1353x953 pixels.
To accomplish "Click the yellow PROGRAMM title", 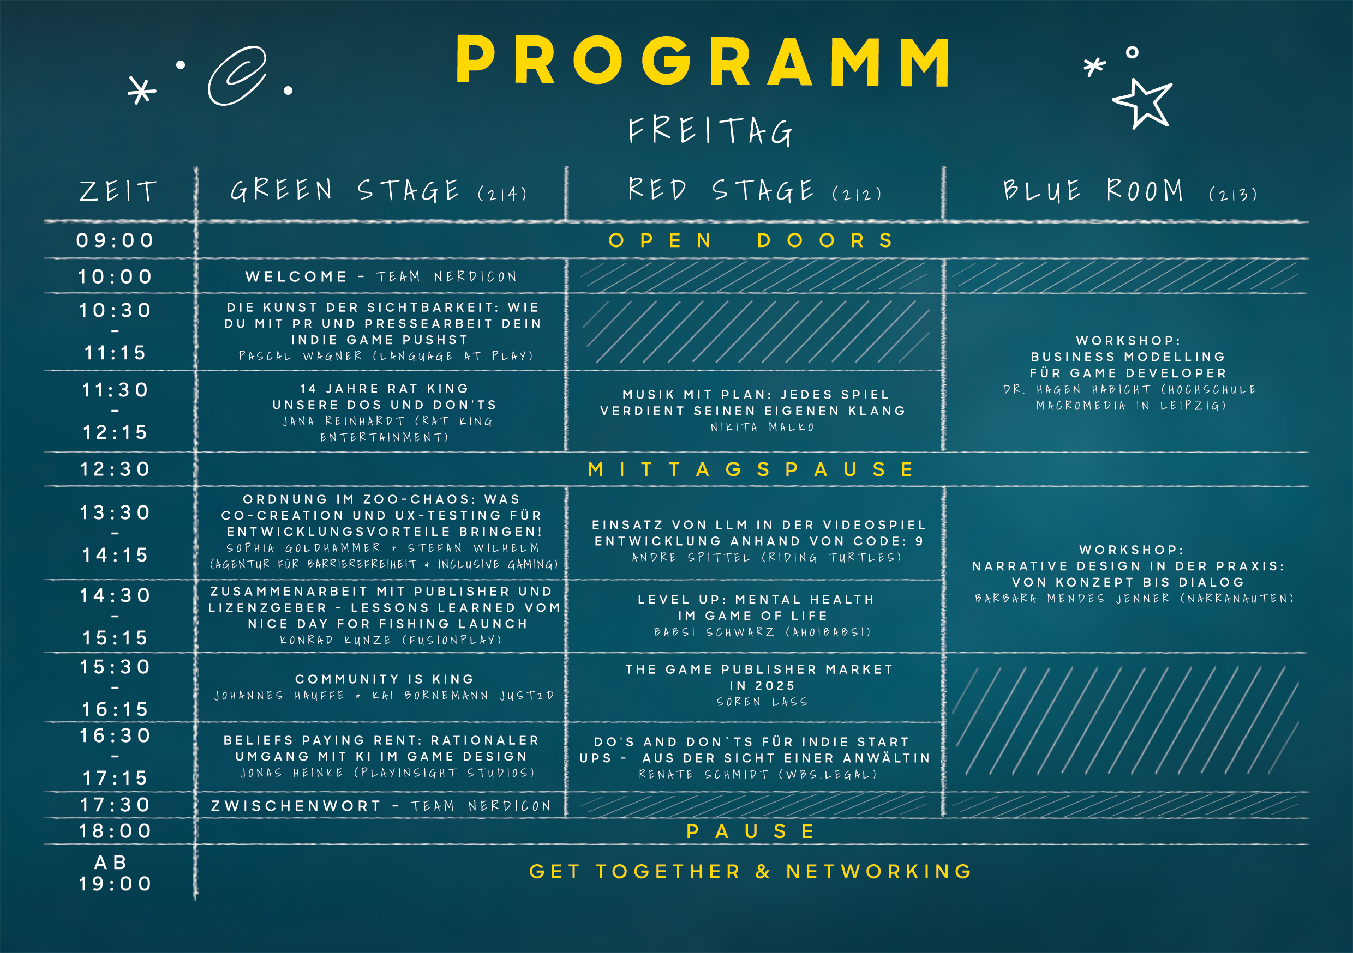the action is [703, 61].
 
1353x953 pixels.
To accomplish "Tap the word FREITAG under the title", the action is [710, 131].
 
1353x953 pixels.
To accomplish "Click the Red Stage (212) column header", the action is [755, 190].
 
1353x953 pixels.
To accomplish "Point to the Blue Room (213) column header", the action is [1130, 191].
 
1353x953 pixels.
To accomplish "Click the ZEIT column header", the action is [119, 191].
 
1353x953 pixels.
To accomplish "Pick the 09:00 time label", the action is [116, 240].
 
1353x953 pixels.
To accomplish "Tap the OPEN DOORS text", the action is [751, 240].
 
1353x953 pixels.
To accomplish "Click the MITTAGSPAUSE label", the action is [751, 469].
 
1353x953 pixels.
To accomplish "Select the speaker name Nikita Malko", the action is [762, 427].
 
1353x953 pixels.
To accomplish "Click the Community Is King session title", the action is [384, 679].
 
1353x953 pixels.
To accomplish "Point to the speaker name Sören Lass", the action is [762, 702].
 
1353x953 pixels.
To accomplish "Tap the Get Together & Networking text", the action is [751, 871].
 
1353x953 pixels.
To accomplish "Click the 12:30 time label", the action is [116, 469].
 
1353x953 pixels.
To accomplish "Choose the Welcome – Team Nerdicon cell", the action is [381, 276].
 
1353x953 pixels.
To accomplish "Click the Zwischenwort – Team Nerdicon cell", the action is [381, 806].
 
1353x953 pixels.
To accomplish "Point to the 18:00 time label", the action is [116, 831].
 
